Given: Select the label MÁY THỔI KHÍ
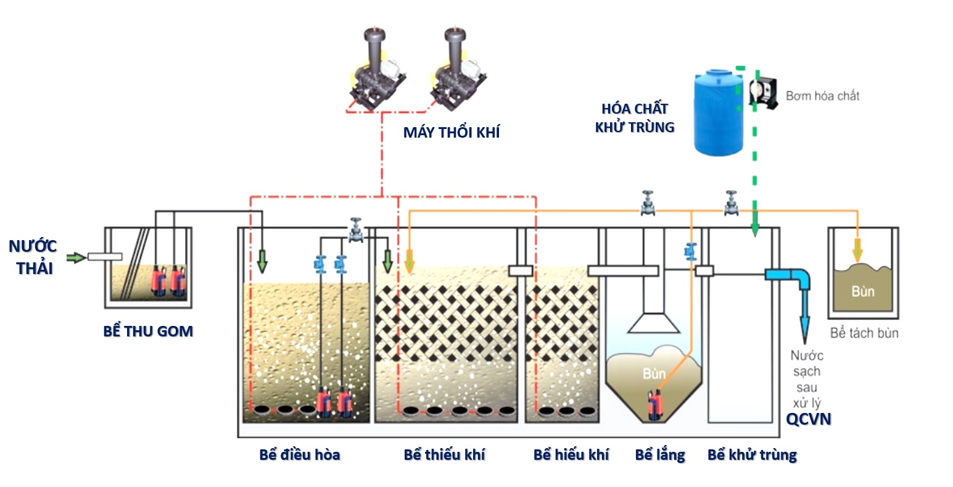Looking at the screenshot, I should [451, 133].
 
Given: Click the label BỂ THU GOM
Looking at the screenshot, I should [148, 331].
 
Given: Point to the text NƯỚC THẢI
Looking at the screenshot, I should [33, 257].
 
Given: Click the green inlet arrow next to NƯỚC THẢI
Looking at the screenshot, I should [76, 257].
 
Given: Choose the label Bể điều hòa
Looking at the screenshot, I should [300, 455].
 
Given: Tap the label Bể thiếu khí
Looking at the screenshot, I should [444, 455].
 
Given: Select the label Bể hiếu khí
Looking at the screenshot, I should [571, 455].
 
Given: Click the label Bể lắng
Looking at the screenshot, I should [660, 455].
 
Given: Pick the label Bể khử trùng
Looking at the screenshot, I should [752, 455].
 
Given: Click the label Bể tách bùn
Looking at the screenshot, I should [864, 333].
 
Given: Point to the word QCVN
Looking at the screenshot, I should [809, 420].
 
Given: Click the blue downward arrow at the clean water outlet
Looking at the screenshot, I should [806, 321].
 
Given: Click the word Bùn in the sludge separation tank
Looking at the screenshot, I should [863, 291].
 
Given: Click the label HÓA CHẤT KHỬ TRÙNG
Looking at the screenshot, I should [635, 118].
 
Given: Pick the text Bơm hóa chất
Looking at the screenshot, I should [822, 96].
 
